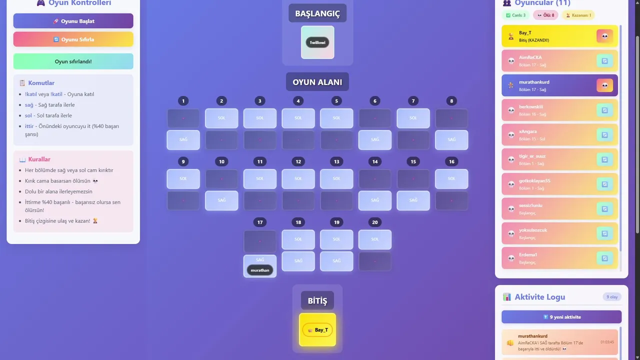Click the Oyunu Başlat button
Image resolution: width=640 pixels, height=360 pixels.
(x=73, y=21)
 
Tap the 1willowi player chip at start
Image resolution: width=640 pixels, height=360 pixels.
(x=317, y=42)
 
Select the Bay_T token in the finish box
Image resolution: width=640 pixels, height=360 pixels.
(x=317, y=330)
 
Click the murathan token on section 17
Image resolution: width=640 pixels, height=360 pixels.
(x=260, y=270)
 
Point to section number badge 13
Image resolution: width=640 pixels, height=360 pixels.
(x=336, y=161)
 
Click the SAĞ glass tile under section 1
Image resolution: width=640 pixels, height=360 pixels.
(x=183, y=140)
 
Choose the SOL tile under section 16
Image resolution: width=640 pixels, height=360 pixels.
(x=451, y=178)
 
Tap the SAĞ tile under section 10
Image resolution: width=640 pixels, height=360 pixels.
(x=221, y=200)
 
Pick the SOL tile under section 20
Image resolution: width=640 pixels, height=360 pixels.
(x=375, y=239)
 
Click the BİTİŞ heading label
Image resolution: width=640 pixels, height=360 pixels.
(x=317, y=301)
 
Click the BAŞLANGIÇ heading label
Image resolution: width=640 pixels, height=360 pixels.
(x=317, y=14)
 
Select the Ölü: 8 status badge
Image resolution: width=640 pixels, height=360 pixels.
(x=545, y=15)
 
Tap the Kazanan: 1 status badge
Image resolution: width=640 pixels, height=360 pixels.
(x=578, y=15)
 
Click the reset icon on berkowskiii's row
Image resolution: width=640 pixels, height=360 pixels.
(x=604, y=110)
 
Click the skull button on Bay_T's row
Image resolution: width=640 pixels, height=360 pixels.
(x=604, y=36)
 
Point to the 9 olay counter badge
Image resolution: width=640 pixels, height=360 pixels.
(x=612, y=297)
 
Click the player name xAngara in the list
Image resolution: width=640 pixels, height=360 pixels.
(x=527, y=131)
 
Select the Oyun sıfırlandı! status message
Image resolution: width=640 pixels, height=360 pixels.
(x=73, y=61)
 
